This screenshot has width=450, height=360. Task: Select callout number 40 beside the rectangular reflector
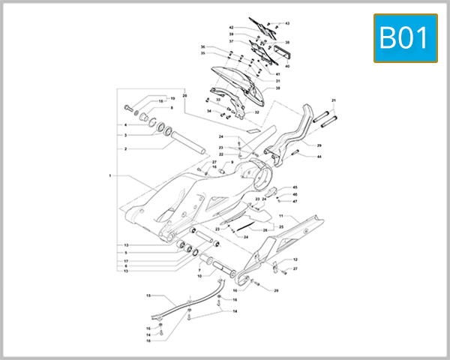click(x=287, y=66)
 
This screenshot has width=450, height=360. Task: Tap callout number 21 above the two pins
click(x=334, y=100)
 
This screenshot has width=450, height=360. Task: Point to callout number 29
click(x=319, y=145)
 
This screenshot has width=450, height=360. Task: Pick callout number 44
click(x=319, y=157)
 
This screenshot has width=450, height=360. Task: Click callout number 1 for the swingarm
click(x=109, y=175)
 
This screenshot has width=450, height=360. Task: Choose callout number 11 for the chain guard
click(x=281, y=215)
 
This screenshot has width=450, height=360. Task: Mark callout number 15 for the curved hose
click(x=148, y=295)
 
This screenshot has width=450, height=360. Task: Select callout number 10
click(x=199, y=276)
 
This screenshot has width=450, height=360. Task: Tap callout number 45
click(x=295, y=187)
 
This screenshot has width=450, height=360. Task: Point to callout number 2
click(x=125, y=148)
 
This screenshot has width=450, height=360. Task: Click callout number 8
click(x=171, y=108)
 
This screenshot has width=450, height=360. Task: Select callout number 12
click(x=295, y=259)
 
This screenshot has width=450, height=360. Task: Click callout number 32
click(x=256, y=112)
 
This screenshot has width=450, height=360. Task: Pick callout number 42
click(x=232, y=28)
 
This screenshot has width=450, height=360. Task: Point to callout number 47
click(x=295, y=201)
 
